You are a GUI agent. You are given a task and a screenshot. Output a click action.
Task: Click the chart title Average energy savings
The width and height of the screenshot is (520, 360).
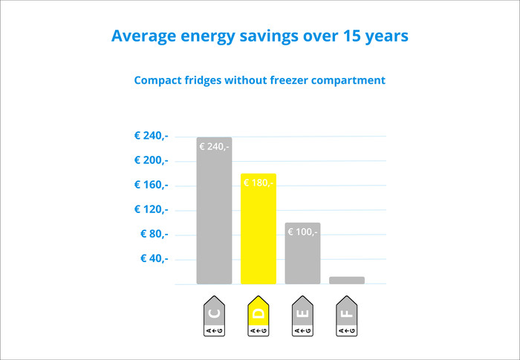tap(259, 36)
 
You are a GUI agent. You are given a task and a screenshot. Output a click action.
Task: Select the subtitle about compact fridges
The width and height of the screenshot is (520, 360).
tap(260, 80)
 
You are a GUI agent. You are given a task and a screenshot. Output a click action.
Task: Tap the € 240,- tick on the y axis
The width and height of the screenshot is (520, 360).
tap(151, 137)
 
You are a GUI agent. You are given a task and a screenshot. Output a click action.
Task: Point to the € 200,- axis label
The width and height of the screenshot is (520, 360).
tap(151, 160)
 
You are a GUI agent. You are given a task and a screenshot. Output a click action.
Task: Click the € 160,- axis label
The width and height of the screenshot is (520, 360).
tap(151, 185)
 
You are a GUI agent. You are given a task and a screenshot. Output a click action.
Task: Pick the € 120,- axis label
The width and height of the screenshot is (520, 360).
tap(151, 209)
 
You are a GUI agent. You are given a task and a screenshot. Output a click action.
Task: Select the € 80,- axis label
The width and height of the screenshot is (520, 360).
tap(154, 234)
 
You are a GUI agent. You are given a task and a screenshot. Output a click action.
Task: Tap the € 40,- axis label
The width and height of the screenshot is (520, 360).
tap(154, 258)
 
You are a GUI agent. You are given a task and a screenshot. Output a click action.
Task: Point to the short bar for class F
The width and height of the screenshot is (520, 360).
tap(347, 280)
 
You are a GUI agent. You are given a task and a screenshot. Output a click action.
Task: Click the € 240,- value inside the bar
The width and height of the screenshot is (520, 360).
tap(214, 147)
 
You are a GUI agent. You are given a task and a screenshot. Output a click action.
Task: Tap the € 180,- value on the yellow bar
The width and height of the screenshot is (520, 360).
tap(259, 183)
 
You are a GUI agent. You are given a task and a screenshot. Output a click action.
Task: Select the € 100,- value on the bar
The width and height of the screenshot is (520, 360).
tap(302, 232)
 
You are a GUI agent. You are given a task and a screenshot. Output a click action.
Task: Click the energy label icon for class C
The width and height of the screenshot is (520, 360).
tap(214, 318)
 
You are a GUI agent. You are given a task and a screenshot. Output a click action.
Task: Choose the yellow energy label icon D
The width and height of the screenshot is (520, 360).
tap(258, 318)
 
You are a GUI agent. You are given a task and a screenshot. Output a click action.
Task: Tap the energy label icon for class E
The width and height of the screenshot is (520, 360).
tap(302, 318)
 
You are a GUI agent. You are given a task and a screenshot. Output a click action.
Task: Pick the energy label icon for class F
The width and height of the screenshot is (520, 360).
tap(346, 318)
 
